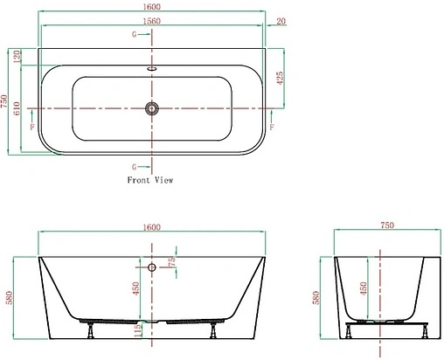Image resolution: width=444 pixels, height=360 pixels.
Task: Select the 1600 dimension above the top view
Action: pos(151,7)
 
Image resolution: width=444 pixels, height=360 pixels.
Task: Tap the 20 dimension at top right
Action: pos(281,21)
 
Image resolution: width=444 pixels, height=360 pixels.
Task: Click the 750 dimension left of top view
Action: pos(6,101)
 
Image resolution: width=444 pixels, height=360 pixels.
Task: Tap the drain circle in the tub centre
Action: pos(152,108)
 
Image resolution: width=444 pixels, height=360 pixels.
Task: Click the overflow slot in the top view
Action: pos(152,67)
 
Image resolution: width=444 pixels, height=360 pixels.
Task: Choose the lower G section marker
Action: pos(134,166)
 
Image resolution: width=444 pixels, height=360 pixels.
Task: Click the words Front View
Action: pos(150,180)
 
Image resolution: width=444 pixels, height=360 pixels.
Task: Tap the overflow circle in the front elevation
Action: pos(151,268)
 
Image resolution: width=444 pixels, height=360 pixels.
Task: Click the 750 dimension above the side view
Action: pos(386,225)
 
